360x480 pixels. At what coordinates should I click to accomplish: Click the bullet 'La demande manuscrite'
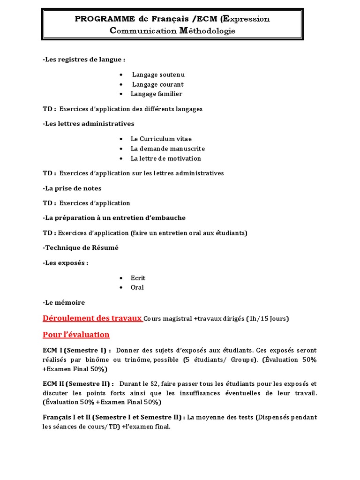click(161, 149)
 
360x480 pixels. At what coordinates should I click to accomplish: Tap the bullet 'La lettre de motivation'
click(165, 158)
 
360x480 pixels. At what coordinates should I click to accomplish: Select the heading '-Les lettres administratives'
click(88, 124)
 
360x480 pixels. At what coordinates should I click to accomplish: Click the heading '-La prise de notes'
click(72, 188)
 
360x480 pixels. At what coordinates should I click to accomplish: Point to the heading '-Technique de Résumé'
click(80, 247)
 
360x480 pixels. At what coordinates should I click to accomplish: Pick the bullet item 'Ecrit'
click(138, 278)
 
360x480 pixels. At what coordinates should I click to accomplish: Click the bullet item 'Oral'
click(137, 287)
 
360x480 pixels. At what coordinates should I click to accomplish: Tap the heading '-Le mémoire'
click(64, 303)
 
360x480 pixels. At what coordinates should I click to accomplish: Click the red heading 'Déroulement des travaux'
click(92, 318)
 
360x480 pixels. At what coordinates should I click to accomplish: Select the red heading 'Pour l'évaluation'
click(76, 335)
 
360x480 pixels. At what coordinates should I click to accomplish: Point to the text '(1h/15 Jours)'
click(268, 319)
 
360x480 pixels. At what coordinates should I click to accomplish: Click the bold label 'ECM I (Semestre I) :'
click(77, 351)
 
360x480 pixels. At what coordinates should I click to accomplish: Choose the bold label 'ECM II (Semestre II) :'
click(78, 383)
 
